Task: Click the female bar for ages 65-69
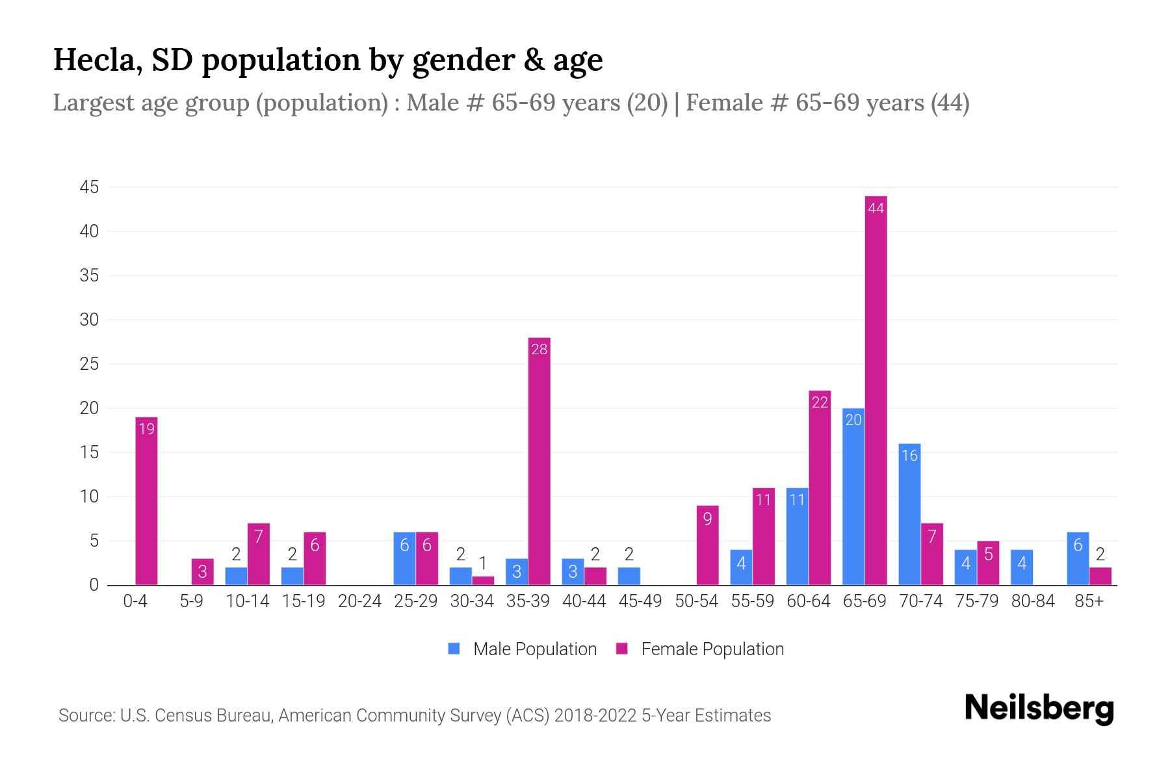[x=876, y=390]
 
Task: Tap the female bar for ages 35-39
[x=539, y=461]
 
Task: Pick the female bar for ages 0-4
[x=146, y=500]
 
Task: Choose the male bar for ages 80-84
[x=1021, y=567]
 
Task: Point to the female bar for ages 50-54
[x=707, y=545]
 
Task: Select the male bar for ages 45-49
[x=629, y=576]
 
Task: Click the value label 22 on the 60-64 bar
[x=820, y=403]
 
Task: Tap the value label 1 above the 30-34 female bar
[x=483, y=563]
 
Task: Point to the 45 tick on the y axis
[x=89, y=187]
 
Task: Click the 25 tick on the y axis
[x=89, y=364]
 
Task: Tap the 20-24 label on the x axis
[x=359, y=601]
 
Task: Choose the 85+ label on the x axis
[x=1089, y=601]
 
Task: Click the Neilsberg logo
[x=1039, y=708]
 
